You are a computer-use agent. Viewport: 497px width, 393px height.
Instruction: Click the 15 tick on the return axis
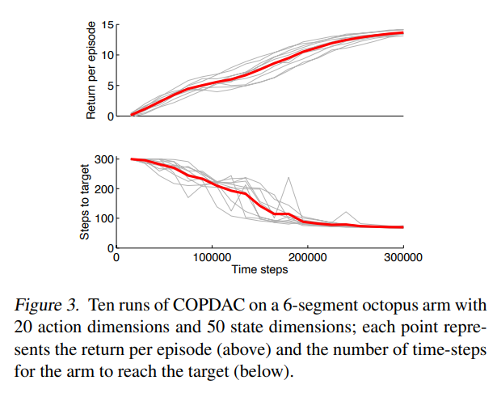pyautogui.click(x=106, y=25)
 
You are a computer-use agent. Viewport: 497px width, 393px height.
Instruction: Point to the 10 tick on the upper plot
pyautogui.click(x=106, y=55)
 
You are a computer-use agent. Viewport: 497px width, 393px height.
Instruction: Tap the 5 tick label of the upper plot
pyautogui.click(x=109, y=86)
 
